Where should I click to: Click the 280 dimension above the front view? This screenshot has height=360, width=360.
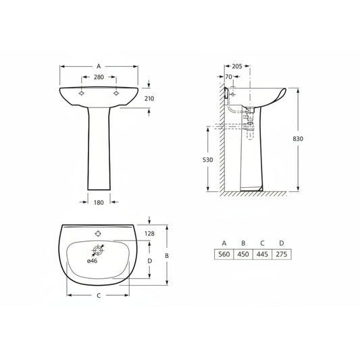point(99,77)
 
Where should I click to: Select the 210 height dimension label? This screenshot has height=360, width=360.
point(149,99)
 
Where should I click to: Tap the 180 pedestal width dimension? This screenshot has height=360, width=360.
point(99,203)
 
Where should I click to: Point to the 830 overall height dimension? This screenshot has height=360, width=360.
point(298,139)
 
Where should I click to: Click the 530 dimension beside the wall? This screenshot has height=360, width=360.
point(208,160)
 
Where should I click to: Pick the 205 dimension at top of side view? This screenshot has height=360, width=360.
point(237,66)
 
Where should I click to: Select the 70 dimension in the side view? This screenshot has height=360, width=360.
point(229,77)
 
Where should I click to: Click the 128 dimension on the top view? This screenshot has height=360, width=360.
point(149,234)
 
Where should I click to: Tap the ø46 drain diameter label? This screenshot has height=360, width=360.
point(92,261)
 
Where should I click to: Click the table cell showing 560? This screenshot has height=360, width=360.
point(224,254)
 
